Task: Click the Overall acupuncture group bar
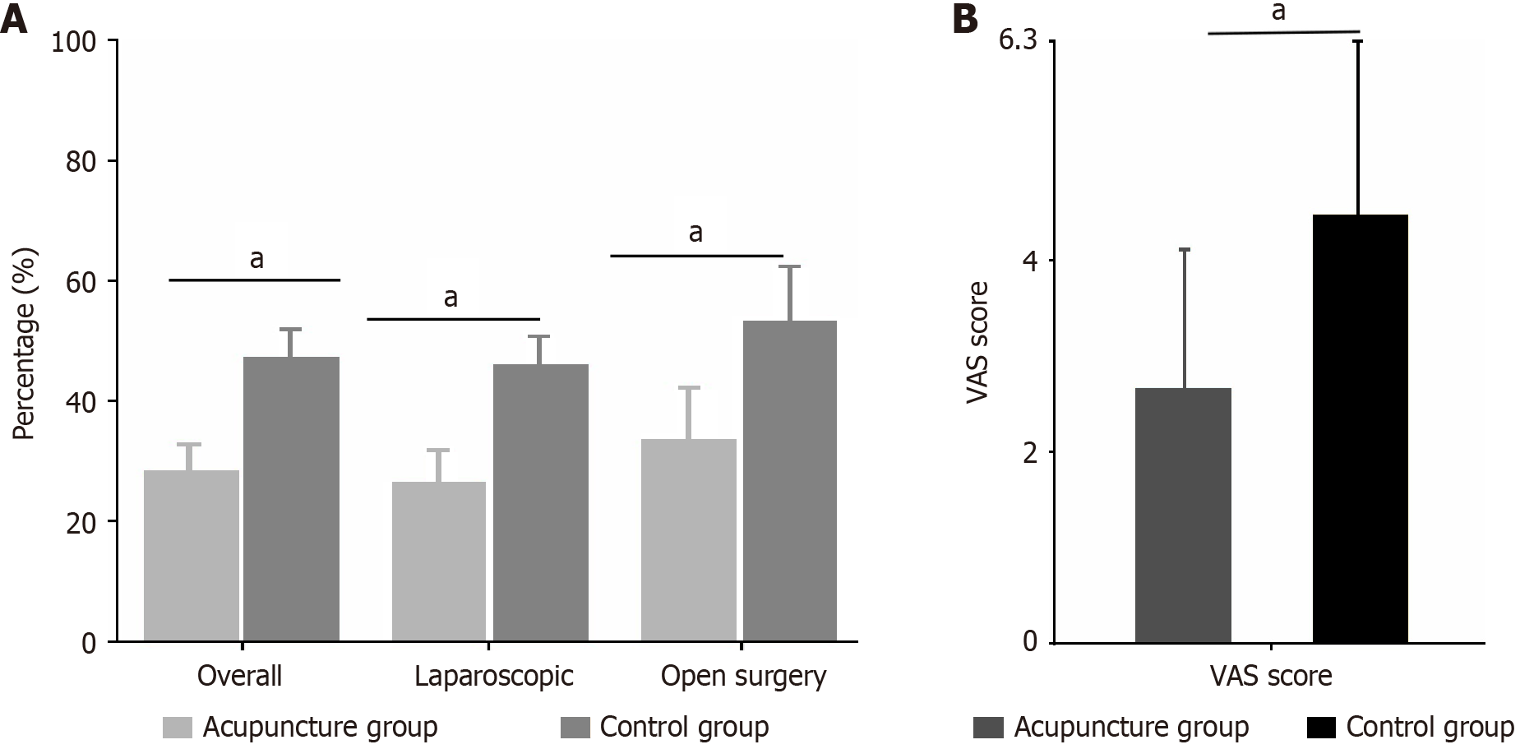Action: (x=192, y=556)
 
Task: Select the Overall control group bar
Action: (x=292, y=499)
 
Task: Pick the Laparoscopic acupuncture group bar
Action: (x=439, y=562)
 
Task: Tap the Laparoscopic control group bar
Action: (x=540, y=502)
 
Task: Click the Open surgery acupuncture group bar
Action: (x=689, y=540)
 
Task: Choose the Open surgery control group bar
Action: (x=790, y=481)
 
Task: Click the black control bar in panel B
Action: (x=1361, y=428)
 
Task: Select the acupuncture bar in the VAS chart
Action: (x=1183, y=515)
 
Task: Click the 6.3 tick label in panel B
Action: (x=1018, y=41)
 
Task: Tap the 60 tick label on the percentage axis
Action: (x=81, y=281)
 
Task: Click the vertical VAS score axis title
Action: (x=977, y=342)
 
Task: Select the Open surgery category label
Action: (x=743, y=676)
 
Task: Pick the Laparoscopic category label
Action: (x=494, y=676)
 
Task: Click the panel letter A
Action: (x=14, y=20)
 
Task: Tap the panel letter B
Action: (x=964, y=20)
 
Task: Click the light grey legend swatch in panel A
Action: (x=177, y=728)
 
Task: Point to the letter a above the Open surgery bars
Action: (x=695, y=233)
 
